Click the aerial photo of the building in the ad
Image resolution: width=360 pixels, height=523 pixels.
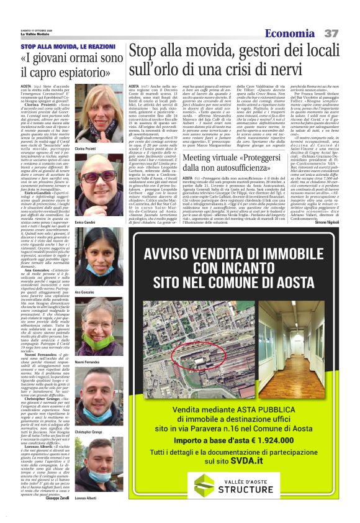(x=211, y=355)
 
